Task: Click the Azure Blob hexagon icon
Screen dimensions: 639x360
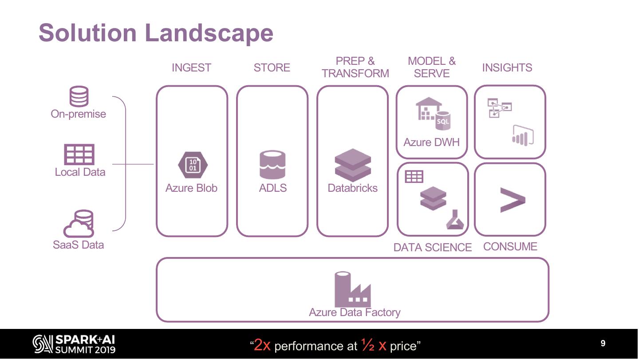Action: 193,165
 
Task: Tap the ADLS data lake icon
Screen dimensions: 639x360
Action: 272,165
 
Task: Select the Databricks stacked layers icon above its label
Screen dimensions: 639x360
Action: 353,165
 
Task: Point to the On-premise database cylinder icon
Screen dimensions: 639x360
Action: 79,96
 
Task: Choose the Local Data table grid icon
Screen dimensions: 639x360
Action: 79,154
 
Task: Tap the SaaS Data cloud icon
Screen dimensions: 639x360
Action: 79,224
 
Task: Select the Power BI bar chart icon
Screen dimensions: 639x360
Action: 523,135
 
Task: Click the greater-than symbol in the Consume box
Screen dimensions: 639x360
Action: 512,200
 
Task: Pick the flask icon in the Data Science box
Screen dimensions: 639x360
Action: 455,219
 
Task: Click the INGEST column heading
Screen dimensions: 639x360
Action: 191,68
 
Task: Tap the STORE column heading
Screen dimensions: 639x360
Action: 272,68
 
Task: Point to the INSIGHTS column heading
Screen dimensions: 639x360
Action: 507,68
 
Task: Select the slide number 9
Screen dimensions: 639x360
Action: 603,343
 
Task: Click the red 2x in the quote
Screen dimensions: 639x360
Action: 262,345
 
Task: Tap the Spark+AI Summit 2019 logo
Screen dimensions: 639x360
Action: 74,344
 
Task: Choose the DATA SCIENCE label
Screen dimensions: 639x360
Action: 432,248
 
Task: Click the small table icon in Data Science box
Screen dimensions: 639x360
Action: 414,177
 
